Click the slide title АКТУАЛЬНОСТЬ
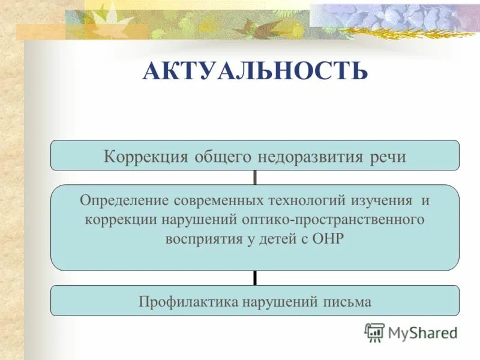click(254, 71)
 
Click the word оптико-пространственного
click(333, 219)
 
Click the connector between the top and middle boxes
click(255, 178)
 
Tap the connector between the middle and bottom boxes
click(255, 278)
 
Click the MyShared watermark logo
click(412, 332)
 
